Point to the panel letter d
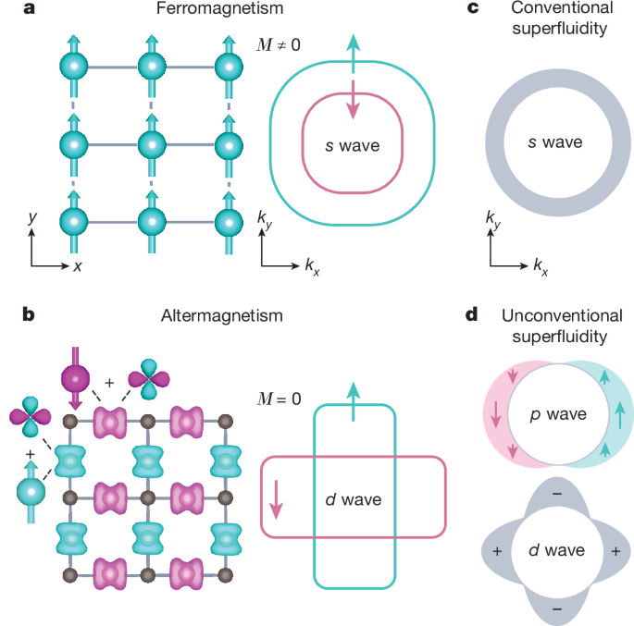tap(471, 315)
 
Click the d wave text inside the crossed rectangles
tap(353, 500)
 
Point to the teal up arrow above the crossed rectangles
tap(353, 399)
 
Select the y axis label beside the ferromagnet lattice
tap(32, 217)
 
